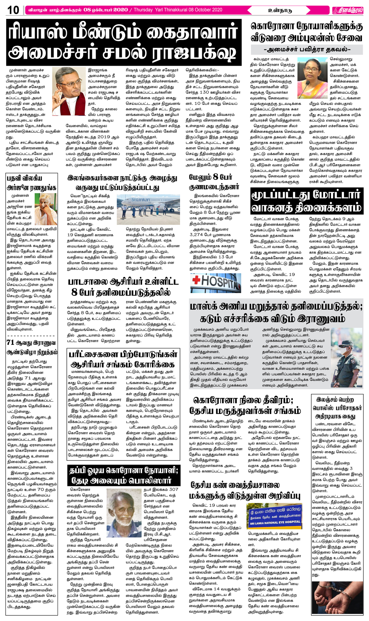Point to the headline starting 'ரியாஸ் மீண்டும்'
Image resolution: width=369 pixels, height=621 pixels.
coord(124,42)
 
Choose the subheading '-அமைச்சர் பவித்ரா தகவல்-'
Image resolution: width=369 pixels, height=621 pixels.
coord(307,49)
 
